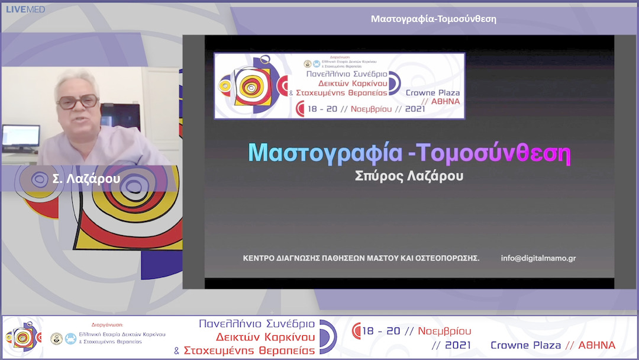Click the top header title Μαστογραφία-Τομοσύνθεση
(x=433, y=18)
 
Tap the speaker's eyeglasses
(x=78, y=101)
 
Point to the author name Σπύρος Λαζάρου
(x=409, y=177)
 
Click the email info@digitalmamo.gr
(x=538, y=258)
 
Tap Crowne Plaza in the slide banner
(x=433, y=92)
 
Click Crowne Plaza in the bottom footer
(x=525, y=345)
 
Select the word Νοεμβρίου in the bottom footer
(x=444, y=331)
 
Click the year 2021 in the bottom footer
(x=457, y=345)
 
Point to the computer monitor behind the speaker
(x=21, y=138)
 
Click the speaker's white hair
(x=77, y=80)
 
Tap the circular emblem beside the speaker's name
(x=40, y=179)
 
